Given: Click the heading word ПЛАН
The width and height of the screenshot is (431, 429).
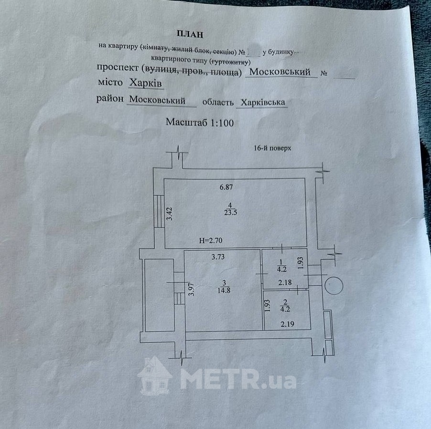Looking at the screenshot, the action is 190,34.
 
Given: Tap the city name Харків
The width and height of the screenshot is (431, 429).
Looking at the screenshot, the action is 146,83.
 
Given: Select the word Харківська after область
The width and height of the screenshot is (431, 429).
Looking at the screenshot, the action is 263,103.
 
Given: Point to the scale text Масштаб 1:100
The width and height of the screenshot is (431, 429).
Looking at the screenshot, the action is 200,122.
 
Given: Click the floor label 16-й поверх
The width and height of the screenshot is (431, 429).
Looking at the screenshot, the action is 272,148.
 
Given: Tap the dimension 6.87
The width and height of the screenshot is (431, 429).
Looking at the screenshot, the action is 226,187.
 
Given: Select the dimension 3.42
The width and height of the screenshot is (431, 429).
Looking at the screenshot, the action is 170,214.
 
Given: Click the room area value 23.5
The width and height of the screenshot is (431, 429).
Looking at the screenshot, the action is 230,213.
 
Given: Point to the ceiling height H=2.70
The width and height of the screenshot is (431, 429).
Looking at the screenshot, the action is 211,240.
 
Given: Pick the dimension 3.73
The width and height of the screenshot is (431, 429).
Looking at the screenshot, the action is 218,257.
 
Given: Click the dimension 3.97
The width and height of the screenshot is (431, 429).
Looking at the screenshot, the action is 192,289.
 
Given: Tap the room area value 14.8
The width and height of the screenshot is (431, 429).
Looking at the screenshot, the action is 224,290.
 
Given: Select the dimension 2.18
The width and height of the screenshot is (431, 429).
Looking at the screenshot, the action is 285,282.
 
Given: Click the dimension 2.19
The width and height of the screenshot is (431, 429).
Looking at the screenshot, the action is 287,324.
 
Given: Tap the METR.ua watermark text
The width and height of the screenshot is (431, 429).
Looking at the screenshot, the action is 238,379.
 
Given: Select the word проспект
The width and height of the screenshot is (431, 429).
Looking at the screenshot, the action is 118,68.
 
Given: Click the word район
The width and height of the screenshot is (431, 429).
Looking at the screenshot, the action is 110,99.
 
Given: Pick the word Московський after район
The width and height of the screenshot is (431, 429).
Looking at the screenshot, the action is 158,100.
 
